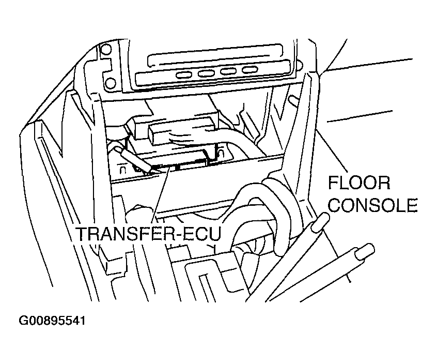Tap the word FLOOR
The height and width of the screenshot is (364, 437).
coord(359,183)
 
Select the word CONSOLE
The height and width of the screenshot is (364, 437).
coord(374,205)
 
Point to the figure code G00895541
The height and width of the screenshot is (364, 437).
coord(52,321)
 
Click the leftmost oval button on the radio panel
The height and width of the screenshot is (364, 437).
coord(184,75)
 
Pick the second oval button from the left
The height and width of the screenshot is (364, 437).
coord(206,73)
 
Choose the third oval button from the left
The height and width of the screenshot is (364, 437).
coord(228,71)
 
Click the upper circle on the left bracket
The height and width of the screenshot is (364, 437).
coord(106,50)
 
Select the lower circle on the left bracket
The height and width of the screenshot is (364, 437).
coord(110,83)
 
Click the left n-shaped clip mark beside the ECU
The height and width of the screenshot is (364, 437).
coord(122,170)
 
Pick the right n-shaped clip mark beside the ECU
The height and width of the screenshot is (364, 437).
coord(221,153)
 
